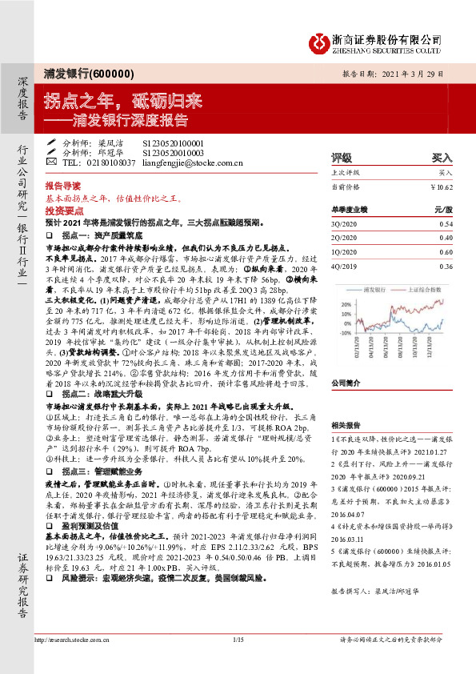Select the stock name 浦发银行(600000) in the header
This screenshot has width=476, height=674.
point(88,74)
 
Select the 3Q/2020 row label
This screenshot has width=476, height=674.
point(342,224)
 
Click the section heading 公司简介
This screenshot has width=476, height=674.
point(346,360)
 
